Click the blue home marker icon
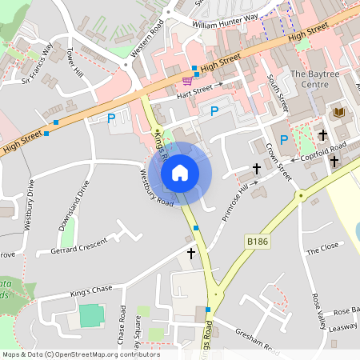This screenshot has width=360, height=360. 180,172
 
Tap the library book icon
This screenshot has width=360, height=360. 338,111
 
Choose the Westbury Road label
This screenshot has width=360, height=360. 157,187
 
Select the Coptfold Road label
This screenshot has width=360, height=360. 324,152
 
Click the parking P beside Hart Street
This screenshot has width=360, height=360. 214,111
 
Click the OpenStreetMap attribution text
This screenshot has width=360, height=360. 80,354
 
